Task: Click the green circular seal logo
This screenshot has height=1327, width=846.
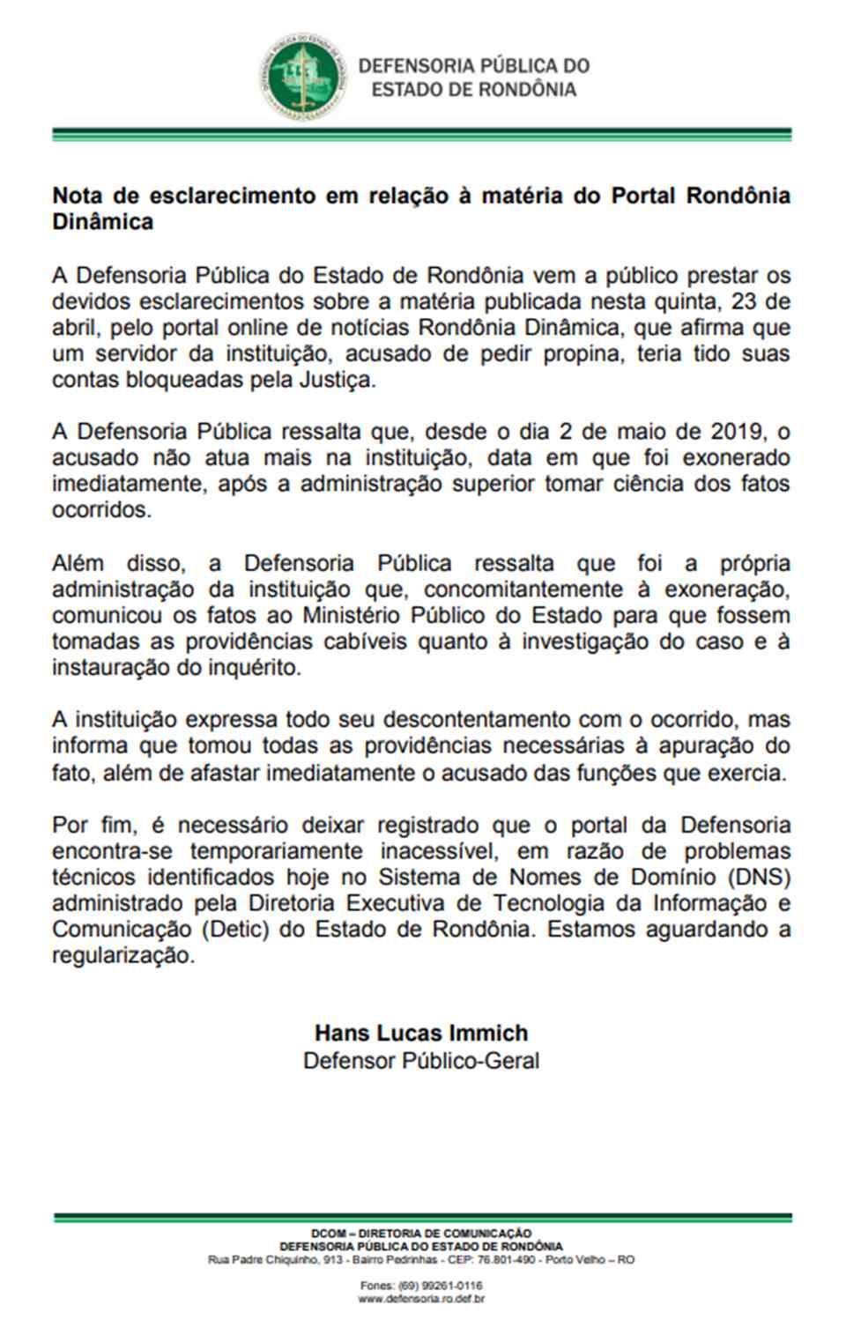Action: (299, 78)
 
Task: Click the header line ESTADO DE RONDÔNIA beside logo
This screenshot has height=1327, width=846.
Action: (474, 90)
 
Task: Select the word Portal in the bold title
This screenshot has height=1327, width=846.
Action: (649, 195)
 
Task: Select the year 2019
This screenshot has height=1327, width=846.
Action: (731, 432)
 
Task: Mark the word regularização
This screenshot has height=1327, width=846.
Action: (122, 956)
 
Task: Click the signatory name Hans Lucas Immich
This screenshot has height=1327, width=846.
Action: (421, 1034)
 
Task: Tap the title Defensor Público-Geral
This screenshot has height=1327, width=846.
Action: (421, 1060)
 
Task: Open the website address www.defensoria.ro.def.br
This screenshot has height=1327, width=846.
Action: (422, 1299)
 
